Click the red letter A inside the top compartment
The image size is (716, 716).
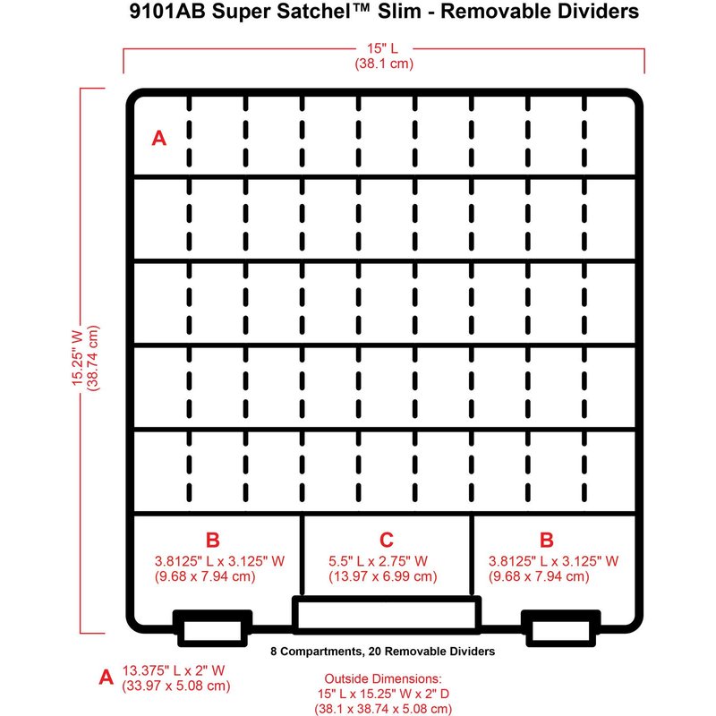click(159, 138)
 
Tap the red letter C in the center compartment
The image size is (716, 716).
click(387, 540)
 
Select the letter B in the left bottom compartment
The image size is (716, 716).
click(213, 540)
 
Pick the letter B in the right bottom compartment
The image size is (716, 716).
click(547, 540)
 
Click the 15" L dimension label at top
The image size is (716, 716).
click(383, 48)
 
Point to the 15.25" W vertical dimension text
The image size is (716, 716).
click(78, 358)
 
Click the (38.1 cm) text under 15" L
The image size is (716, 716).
click(384, 64)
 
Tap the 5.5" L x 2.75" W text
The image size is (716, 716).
click(378, 561)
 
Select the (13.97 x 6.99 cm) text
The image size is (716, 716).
click(383, 576)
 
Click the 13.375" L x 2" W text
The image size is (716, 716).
click(174, 670)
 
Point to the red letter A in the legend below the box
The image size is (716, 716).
click(106, 677)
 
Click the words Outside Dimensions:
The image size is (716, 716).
click(383, 678)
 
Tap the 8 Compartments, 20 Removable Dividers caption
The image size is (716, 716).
click(383, 652)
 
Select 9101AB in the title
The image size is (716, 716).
click(167, 12)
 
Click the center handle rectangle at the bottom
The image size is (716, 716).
click(387, 615)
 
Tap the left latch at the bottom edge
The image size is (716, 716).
click(212, 628)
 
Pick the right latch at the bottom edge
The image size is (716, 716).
click(561, 628)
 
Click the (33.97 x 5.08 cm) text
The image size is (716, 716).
click(175, 686)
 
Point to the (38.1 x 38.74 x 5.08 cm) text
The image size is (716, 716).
click(383, 709)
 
